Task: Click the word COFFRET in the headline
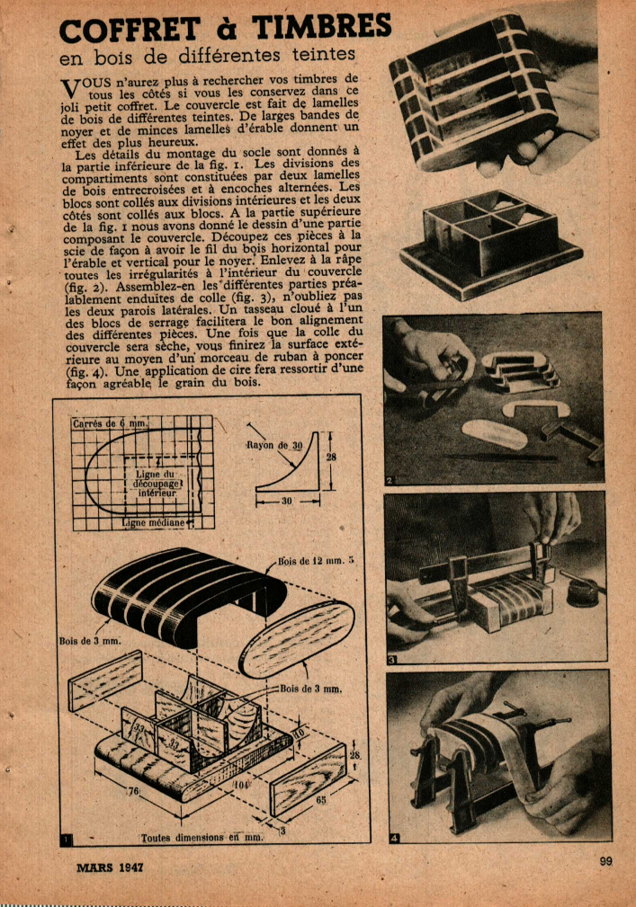click(130, 30)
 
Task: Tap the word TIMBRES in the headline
click(322, 26)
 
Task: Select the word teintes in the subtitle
click(324, 54)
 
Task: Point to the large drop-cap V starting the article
click(69, 88)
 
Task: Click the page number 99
click(606, 861)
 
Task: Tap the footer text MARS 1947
click(110, 867)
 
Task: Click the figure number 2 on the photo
click(390, 480)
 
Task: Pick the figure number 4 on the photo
click(394, 838)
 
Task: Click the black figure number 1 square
click(67, 840)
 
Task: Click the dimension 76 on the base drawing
click(133, 791)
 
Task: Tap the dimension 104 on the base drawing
click(241, 785)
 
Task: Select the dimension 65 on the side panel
click(319, 801)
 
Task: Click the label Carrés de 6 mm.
click(110, 423)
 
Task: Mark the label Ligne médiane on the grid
click(153, 523)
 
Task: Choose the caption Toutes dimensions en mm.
click(202, 837)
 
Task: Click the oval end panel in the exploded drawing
click(296, 639)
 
